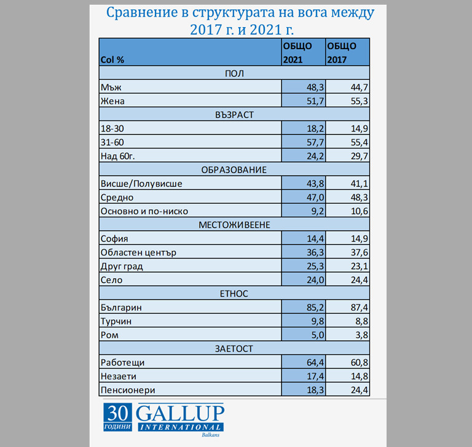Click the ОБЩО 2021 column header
(303, 53)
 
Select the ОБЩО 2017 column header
(347, 53)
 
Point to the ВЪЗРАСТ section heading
(234, 115)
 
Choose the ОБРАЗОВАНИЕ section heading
(234, 169)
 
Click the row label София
(114, 239)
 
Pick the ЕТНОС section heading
(234, 294)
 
